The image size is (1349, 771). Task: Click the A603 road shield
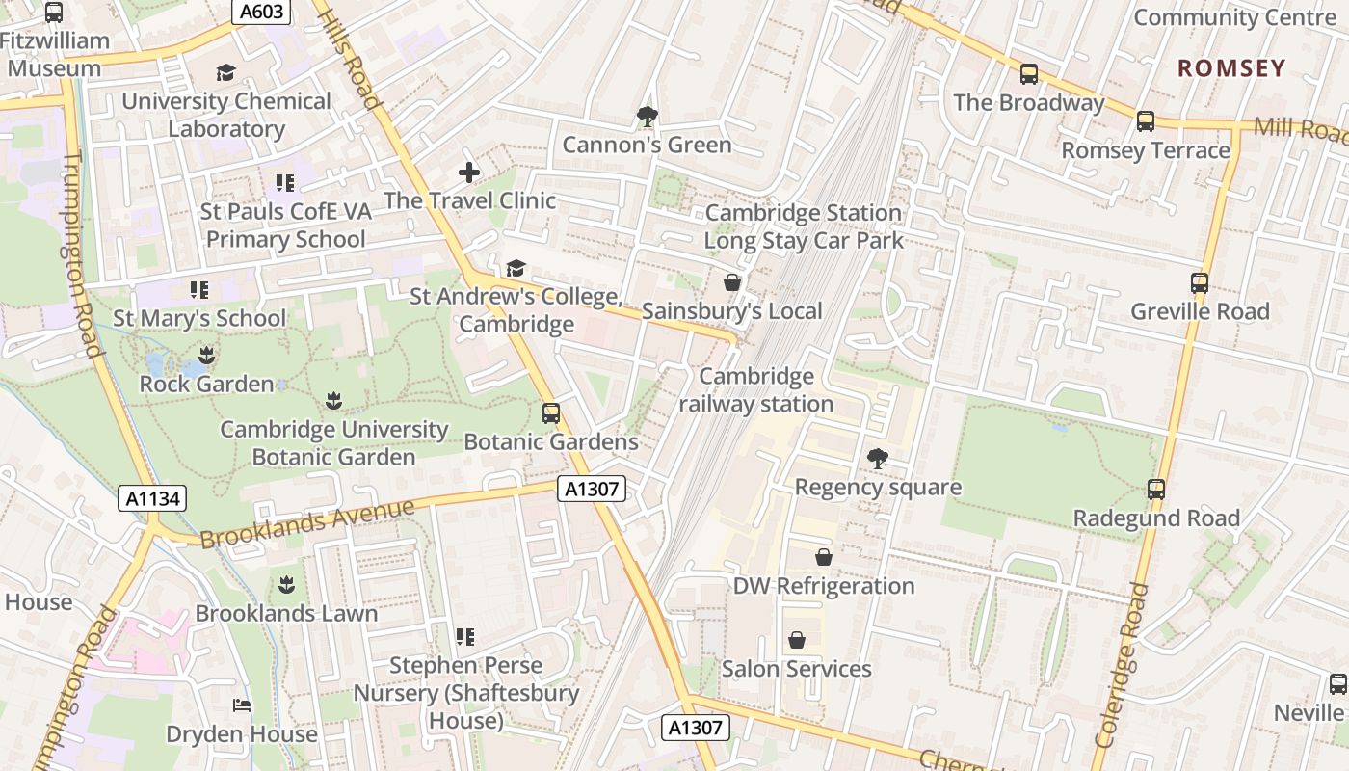tap(261, 12)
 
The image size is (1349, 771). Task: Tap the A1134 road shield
tap(152, 498)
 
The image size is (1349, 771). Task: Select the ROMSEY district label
tap(1231, 68)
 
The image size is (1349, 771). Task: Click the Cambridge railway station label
tap(756, 390)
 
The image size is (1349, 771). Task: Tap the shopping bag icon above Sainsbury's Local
tap(732, 282)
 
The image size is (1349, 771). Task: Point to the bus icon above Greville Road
tap(1200, 283)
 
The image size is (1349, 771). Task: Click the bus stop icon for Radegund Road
tap(1156, 490)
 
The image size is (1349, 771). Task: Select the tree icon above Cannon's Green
tap(648, 118)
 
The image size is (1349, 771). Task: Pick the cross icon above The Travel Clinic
tap(469, 173)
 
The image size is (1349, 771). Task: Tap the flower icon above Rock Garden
tap(206, 356)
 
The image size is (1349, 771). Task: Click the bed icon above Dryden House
tap(242, 706)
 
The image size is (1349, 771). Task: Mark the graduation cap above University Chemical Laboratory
tap(225, 73)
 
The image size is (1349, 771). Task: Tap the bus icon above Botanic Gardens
tap(551, 413)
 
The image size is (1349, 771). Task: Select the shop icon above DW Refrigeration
tap(824, 557)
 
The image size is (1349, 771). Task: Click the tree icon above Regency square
tap(877, 459)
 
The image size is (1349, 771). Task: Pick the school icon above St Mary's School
tap(199, 290)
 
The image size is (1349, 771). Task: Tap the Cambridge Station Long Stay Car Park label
tap(804, 226)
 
